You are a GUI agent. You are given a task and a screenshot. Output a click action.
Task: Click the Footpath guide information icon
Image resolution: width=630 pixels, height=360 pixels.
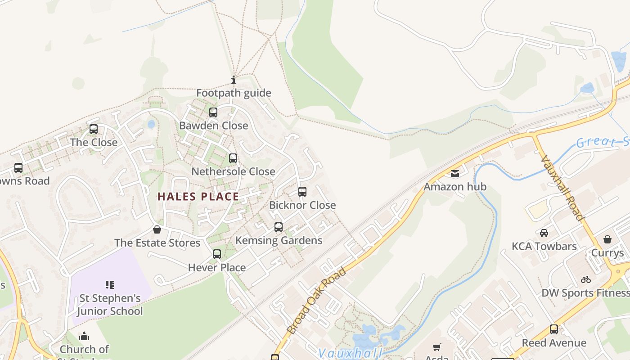pos(234,81)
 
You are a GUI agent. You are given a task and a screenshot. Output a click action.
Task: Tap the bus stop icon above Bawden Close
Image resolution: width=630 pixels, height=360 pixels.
pos(213,112)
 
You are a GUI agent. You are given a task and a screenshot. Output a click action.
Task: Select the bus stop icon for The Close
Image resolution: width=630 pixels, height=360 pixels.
pos(94,129)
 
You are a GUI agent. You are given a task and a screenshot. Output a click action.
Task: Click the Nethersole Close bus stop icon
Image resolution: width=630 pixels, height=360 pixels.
pos(233,158)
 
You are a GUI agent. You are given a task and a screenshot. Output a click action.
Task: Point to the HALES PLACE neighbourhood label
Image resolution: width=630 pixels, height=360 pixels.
pos(198,197)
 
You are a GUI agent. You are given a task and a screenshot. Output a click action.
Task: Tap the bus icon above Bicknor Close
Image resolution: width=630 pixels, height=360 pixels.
pos(302,192)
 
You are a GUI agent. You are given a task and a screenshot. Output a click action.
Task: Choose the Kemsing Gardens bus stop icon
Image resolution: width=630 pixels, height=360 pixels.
pos(279,227)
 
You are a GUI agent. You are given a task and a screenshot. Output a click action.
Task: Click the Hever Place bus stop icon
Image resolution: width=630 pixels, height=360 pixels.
pos(217,254)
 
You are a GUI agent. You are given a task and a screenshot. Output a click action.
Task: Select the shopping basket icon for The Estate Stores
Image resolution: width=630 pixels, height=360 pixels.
pos(157,230)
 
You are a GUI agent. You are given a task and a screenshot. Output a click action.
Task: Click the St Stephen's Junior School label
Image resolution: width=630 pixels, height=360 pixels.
pos(110,305)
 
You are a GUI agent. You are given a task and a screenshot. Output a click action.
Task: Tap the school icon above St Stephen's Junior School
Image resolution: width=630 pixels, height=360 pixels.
pos(110,284)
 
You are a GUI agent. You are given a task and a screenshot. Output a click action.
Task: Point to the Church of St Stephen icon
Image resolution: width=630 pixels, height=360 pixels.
pos(84,337)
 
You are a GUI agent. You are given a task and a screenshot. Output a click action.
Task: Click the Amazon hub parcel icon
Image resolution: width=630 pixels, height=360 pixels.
pos(455,174)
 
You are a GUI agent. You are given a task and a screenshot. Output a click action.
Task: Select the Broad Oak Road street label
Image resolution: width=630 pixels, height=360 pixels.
pos(317,301)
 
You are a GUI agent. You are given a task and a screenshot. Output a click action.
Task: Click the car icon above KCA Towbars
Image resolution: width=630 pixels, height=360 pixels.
pos(544,233)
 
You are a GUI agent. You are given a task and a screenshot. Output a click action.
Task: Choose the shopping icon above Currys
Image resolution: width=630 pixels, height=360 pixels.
pos(607,239)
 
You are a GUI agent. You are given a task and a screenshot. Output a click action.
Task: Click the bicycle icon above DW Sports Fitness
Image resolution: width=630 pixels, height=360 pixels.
pos(585,279)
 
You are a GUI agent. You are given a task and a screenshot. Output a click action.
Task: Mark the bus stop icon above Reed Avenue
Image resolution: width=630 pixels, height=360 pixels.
pos(554,329)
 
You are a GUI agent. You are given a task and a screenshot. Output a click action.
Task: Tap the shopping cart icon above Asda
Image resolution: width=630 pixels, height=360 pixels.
pos(436,347)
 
